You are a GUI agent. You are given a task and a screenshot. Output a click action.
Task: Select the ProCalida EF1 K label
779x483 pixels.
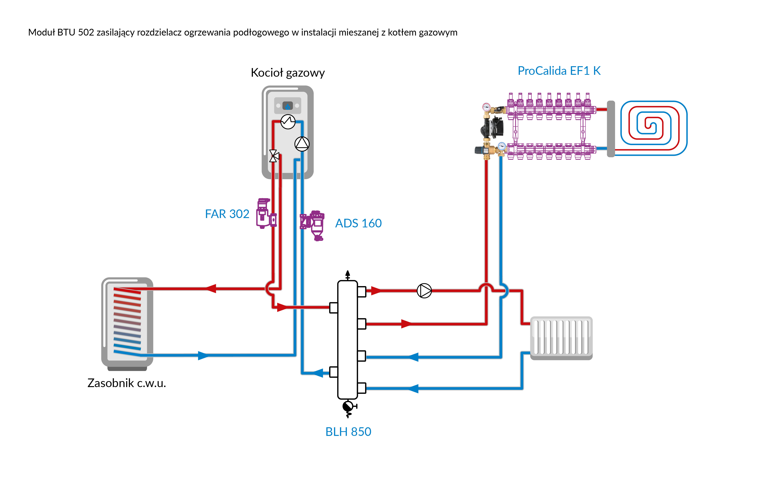tap(559, 71)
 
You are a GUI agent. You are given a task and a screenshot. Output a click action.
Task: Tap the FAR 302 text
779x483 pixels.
tap(227, 214)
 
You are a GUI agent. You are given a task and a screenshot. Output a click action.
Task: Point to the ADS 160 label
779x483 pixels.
tap(358, 223)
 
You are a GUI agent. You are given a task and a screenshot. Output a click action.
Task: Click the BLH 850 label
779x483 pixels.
tap(348, 432)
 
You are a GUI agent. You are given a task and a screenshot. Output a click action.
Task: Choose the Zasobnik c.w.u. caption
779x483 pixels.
tap(127, 383)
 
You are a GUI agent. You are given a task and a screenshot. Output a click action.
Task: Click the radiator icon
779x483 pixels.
tap(561, 338)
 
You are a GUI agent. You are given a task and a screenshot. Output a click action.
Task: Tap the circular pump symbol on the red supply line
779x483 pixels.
tap(424, 291)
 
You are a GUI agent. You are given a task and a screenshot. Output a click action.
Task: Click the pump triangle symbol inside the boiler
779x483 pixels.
tap(302, 144)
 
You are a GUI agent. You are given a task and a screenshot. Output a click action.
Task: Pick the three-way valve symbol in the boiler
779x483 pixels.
tap(274, 156)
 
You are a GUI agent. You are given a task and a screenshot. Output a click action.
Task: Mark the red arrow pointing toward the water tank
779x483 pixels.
tap(210, 289)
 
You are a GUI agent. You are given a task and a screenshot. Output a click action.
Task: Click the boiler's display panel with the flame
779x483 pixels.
tap(288, 105)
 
